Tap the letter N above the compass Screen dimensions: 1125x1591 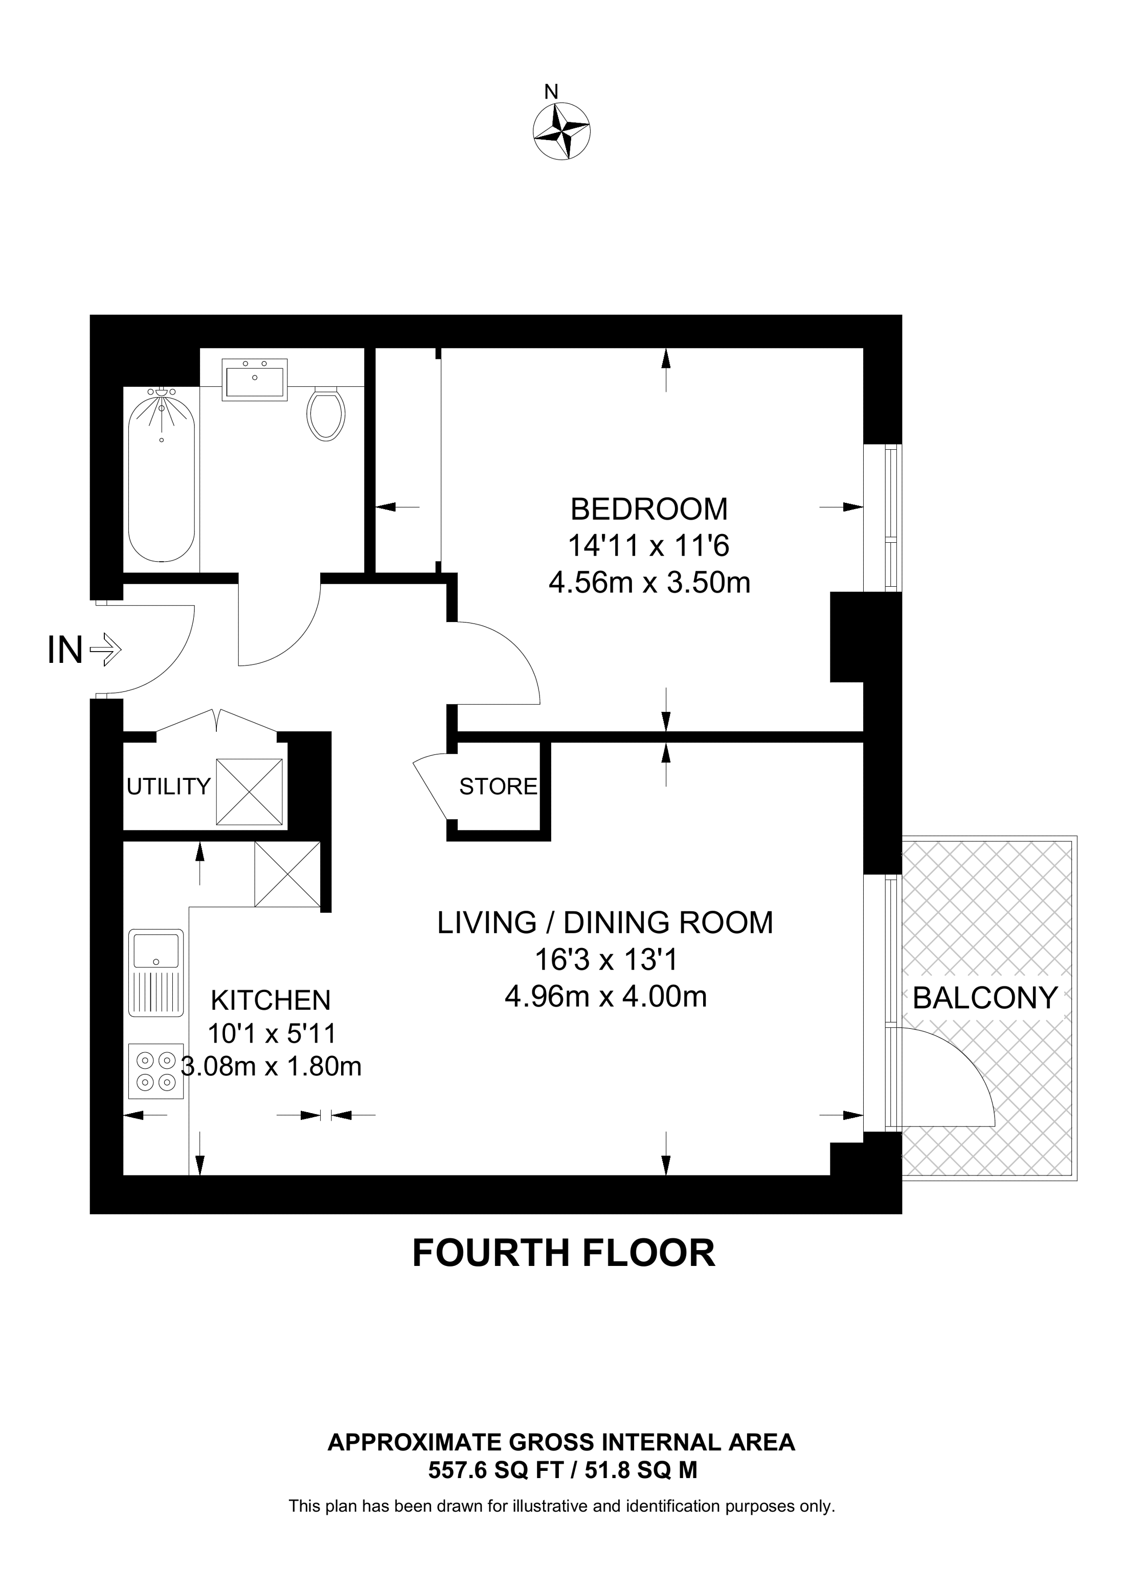click(551, 91)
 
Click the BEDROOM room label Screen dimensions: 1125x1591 click(649, 510)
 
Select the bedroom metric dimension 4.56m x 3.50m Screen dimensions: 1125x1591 click(649, 583)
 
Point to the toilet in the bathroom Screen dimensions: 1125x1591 click(326, 413)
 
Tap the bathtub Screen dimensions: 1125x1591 click(162, 475)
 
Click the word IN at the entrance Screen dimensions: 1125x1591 click(65, 651)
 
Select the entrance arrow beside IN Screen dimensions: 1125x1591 click(106, 651)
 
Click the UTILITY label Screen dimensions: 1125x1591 click(168, 787)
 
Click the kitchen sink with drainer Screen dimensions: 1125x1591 click(156, 974)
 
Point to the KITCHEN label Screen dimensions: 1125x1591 click(271, 1001)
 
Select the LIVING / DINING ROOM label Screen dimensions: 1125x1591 click(605, 923)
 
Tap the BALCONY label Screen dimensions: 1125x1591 click(985, 998)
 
